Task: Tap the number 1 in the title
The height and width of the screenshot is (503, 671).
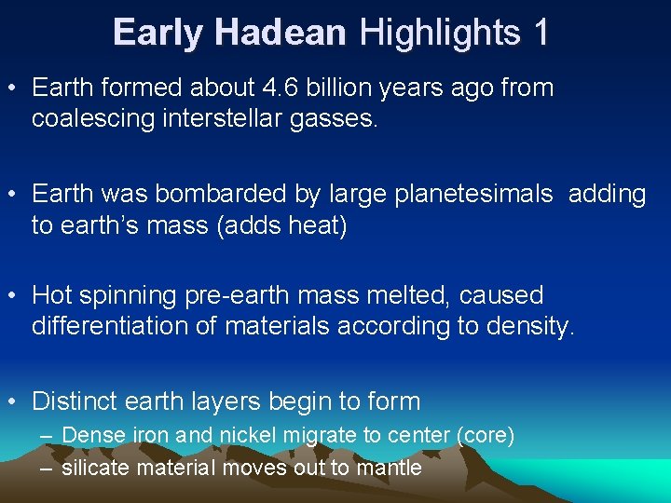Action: (541, 34)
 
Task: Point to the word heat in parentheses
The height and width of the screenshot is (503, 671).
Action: (313, 225)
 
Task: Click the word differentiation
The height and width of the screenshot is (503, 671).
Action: (112, 327)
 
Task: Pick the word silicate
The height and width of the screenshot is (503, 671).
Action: (97, 468)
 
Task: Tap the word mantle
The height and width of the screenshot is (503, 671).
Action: (390, 468)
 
